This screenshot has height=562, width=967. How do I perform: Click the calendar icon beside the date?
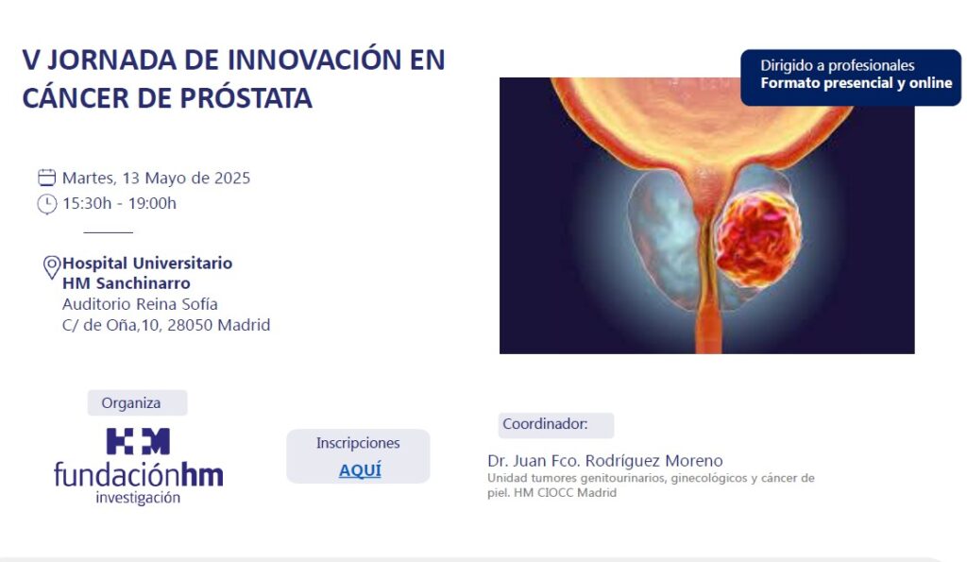[47, 178]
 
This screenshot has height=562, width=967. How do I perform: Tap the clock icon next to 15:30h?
[47, 204]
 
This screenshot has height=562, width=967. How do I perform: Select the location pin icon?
[52, 267]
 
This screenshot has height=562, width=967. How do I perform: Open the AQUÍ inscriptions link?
[360, 470]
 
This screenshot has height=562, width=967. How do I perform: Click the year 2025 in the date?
[232, 179]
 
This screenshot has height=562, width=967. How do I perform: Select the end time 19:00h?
[152, 204]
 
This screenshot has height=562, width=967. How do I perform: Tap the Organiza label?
[130, 402]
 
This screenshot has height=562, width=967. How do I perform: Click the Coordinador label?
[545, 424]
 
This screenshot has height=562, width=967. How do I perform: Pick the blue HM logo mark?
[138, 441]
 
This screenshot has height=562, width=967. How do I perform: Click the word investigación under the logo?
[138, 498]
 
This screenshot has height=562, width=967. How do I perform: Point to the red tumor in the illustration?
[758, 239]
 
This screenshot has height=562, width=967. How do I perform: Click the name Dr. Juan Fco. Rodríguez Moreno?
[605, 461]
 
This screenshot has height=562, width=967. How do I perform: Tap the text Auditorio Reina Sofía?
[140, 304]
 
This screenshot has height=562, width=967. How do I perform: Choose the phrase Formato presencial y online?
[856, 83]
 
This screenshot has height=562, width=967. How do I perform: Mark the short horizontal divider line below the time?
[108, 232]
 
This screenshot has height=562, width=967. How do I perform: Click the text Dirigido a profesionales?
[837, 65]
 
